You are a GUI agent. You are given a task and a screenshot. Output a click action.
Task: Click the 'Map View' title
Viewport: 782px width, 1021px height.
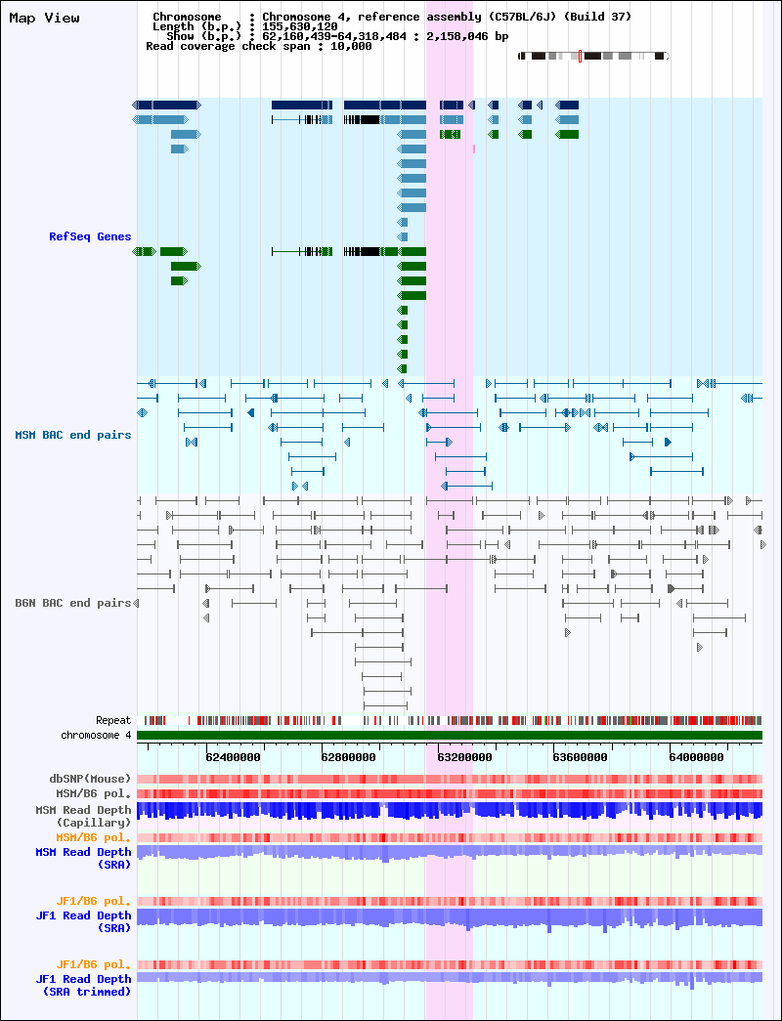[x=44, y=19]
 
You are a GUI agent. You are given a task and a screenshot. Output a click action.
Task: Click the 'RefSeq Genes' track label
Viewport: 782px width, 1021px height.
[x=90, y=236]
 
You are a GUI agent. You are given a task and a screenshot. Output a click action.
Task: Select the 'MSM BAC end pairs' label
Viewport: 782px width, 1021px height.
[x=73, y=435]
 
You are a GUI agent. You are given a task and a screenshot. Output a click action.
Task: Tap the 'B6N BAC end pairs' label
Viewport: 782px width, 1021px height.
[x=73, y=603]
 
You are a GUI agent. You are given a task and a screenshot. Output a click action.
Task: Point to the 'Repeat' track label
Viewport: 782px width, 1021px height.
[x=113, y=720]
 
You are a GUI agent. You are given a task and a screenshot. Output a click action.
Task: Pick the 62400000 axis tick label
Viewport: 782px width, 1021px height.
[x=233, y=757]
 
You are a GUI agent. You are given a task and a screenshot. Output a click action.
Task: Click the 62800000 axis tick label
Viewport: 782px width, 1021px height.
[x=348, y=757]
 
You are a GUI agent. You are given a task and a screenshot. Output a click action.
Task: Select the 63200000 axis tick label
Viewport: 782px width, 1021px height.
[x=464, y=757]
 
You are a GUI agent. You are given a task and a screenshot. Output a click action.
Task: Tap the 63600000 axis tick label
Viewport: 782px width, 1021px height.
[x=580, y=757]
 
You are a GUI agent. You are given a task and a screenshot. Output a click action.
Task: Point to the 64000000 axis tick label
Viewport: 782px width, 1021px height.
[x=696, y=757]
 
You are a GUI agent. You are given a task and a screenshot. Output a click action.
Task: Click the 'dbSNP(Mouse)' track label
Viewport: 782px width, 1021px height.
[x=90, y=779]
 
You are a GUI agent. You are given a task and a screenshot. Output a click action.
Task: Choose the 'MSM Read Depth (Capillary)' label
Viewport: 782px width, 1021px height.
[x=83, y=817]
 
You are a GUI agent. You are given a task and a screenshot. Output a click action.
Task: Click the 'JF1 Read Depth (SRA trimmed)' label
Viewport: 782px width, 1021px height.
[x=83, y=985]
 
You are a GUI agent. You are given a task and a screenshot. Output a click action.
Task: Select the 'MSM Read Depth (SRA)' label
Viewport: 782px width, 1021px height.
[x=83, y=858]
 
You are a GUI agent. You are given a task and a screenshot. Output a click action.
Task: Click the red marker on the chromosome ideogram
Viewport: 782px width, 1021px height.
[x=580, y=56]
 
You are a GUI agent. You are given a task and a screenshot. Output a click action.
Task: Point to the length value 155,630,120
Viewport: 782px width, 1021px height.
[x=300, y=26]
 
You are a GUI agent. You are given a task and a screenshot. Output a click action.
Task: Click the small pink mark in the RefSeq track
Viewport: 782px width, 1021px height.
[x=474, y=149]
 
